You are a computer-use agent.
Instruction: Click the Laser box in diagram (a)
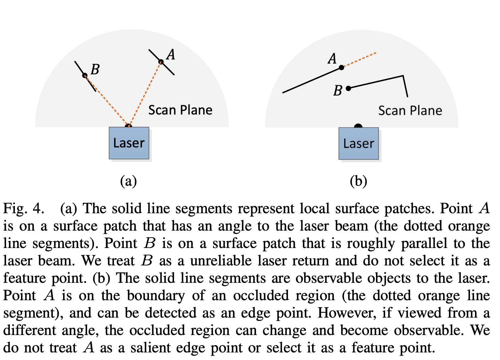[x=129, y=143]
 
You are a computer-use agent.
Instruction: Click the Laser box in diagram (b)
[x=359, y=144]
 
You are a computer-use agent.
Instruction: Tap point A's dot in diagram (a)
[x=161, y=62]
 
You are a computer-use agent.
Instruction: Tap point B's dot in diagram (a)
[x=85, y=75]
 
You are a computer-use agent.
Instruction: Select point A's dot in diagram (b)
[x=341, y=67]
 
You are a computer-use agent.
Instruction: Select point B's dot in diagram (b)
[x=348, y=88]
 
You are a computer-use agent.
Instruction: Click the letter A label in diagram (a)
[x=171, y=54]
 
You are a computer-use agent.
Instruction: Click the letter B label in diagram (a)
[x=95, y=69]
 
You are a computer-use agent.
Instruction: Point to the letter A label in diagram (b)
[x=332, y=59]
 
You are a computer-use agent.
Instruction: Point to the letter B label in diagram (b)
[x=338, y=91]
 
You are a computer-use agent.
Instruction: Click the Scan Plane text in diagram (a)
[x=180, y=110]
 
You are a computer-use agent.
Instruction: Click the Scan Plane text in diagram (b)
[x=410, y=111]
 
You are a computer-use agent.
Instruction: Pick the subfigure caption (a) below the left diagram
[x=128, y=181]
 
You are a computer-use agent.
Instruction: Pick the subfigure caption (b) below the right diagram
[x=358, y=181]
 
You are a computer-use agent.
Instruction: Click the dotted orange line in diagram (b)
[x=359, y=60]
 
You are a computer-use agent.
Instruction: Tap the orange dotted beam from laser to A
[x=145, y=93]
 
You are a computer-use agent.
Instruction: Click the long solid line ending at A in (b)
[x=312, y=80]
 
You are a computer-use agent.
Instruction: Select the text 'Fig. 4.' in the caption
[x=23, y=208]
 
